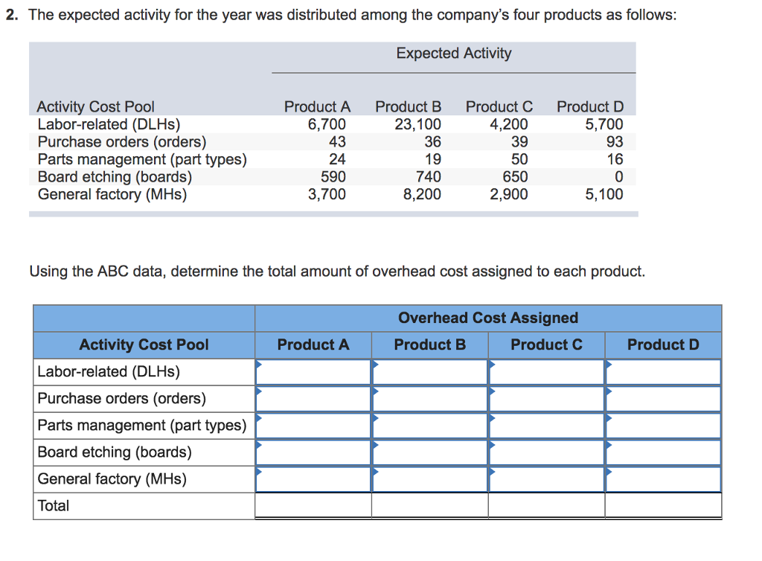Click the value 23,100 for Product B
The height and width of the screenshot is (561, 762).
coord(417,124)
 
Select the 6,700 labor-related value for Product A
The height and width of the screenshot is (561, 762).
coord(327,124)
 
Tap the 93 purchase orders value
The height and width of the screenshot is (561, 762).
coord(615,141)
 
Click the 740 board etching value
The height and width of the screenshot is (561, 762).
coord(429,177)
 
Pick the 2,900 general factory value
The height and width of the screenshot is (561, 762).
coord(509,195)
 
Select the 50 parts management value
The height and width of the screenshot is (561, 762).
coord(519,159)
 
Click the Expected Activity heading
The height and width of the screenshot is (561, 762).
coord(453,54)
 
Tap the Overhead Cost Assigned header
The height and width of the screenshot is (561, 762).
coord(487,318)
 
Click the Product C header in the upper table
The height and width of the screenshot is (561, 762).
coord(499,106)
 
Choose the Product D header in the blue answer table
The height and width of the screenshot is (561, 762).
coord(663,344)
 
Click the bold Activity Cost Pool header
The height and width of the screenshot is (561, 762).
coord(144,344)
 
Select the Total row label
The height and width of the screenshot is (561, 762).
coord(54,506)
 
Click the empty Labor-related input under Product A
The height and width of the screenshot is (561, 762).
coord(313,372)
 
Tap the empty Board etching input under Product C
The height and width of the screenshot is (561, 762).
coord(546,452)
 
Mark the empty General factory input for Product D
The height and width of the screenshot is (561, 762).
coord(663,479)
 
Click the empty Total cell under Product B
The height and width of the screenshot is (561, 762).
coord(429,506)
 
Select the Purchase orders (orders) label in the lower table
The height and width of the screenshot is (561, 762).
coord(122,399)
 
